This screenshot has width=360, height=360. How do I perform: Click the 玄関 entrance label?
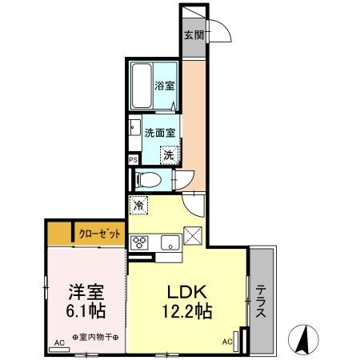[x=193, y=35]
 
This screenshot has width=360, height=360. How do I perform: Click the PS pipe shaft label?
[x=133, y=159]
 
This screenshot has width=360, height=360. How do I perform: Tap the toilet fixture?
[x=148, y=179]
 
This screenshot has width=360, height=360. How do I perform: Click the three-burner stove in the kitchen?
[x=139, y=242]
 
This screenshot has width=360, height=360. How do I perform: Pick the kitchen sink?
[x=169, y=242]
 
